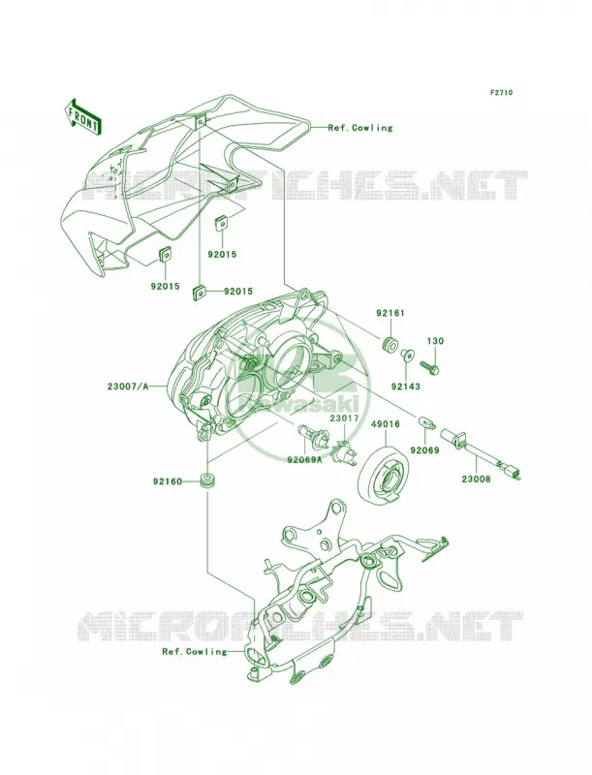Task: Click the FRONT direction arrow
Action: [x=83, y=117]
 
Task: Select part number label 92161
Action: [x=390, y=313]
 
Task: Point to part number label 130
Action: [x=435, y=341]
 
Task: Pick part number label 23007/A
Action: [x=128, y=386]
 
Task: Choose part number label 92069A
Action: [x=305, y=460]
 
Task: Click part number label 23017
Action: [x=344, y=418]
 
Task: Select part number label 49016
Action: [x=386, y=424]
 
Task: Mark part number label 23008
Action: [x=476, y=479]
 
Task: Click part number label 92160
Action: [x=168, y=480]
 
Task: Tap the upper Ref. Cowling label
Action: [x=360, y=128]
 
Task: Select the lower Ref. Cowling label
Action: [x=194, y=651]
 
